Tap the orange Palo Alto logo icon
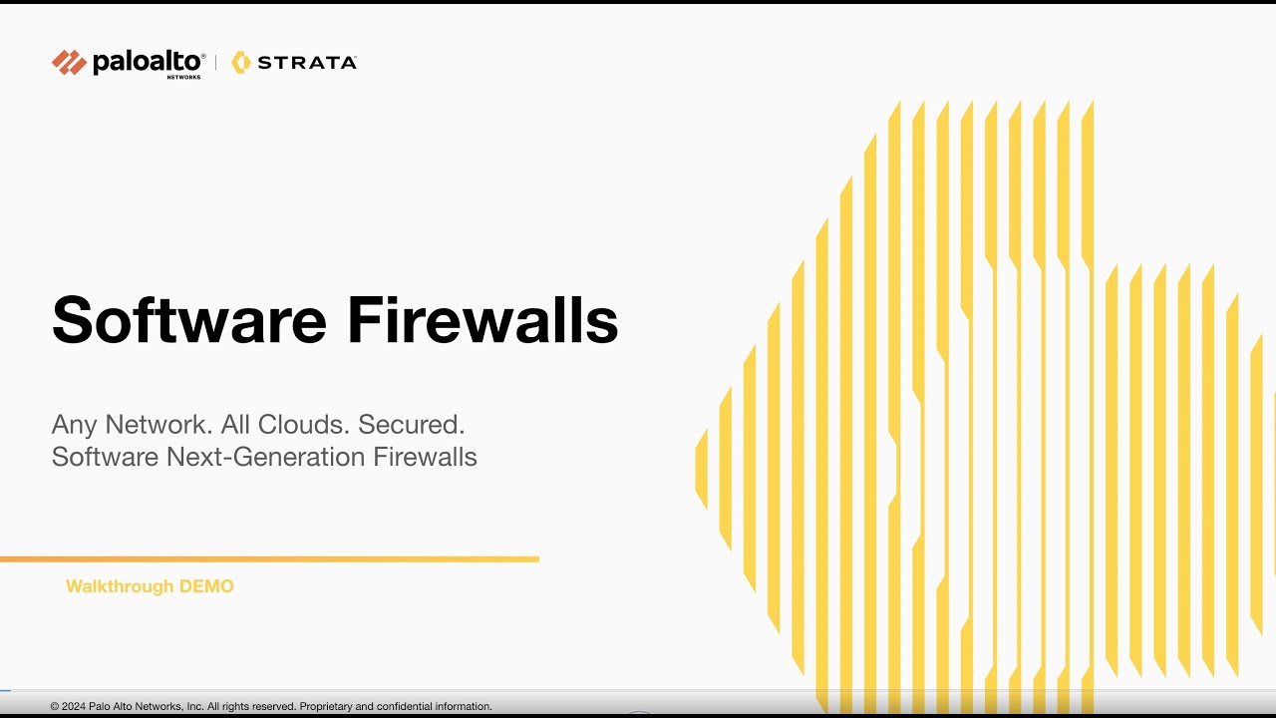click(69, 62)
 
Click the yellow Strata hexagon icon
click(240, 62)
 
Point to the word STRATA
click(307, 62)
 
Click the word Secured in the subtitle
click(412, 425)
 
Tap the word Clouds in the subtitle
click(303, 425)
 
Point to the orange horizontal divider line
click(269, 559)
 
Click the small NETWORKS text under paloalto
click(183, 77)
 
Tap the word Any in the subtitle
click(75, 425)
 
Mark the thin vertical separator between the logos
click(216, 62)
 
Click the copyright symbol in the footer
click(55, 706)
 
